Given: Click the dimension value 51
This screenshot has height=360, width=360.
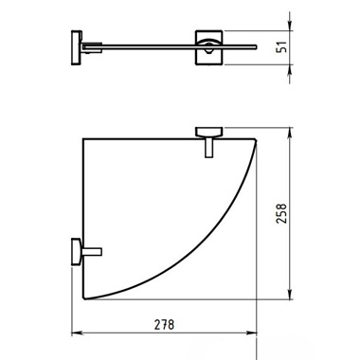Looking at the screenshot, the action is (x=281, y=46).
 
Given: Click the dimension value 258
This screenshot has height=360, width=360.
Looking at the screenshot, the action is (x=281, y=214).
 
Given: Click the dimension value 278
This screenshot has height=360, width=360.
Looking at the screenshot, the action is (x=164, y=324).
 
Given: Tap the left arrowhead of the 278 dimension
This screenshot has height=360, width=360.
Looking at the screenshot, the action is (x=77, y=333).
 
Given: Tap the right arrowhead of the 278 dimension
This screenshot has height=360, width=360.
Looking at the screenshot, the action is (x=252, y=333).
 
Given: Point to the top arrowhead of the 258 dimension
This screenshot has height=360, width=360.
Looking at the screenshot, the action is (x=290, y=134).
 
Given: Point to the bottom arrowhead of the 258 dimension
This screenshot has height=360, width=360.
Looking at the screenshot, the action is (x=290, y=294).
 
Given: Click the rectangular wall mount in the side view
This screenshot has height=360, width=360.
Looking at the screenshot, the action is (x=208, y=47).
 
